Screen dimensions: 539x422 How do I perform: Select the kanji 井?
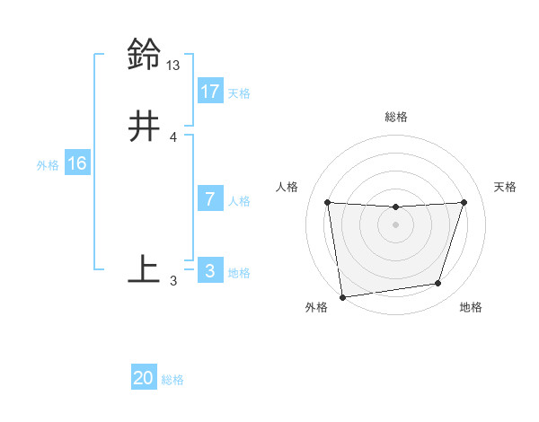click(144, 126)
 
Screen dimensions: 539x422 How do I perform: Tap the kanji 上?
click(144, 268)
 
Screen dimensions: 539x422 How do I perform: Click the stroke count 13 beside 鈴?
click(173, 65)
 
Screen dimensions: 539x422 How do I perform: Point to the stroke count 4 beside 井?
click(173, 137)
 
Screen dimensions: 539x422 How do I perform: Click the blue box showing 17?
click(209, 92)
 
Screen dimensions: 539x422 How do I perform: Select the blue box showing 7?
click(209, 199)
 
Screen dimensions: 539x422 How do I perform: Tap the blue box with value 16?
click(76, 163)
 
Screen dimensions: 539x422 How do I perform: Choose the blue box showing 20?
click(144, 379)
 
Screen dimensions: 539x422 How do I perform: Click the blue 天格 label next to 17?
click(239, 93)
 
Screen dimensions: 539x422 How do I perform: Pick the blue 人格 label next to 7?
click(239, 201)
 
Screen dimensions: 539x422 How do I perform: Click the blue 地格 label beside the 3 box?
click(239, 273)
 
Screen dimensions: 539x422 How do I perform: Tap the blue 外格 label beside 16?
click(48, 165)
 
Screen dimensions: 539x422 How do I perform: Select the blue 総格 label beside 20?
click(172, 381)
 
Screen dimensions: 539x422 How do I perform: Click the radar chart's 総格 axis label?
click(396, 117)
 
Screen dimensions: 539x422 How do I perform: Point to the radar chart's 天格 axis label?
click(505, 187)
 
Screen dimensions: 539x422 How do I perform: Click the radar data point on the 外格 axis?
click(342, 296)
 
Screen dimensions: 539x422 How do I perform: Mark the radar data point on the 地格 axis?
click(438, 284)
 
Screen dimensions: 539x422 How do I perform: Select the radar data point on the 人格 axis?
click(327, 202)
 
